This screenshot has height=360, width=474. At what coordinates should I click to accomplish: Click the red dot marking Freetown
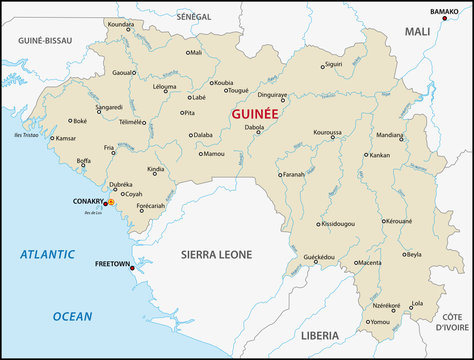[x=132, y=268]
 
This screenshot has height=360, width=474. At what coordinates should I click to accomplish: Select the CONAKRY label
[x=88, y=202]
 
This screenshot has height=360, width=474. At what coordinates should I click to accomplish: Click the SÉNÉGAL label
[x=193, y=17]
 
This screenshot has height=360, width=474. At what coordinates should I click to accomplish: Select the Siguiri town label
[x=333, y=64]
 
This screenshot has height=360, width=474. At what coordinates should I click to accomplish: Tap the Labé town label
[x=199, y=97]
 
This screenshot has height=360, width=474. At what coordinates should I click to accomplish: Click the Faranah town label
[x=293, y=174]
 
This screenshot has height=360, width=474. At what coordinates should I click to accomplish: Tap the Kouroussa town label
[x=328, y=132]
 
